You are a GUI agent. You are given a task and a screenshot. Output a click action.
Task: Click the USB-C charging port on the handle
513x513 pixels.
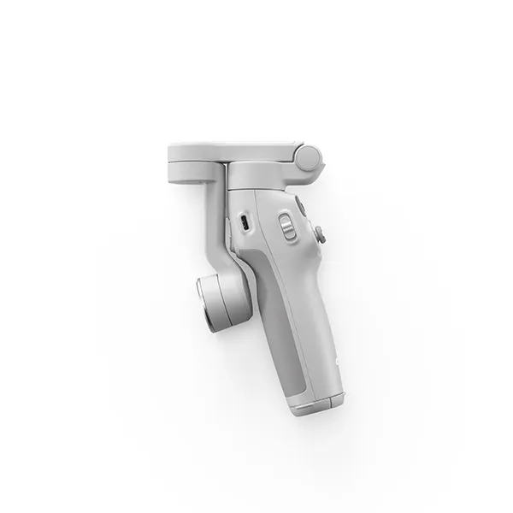click(244, 224)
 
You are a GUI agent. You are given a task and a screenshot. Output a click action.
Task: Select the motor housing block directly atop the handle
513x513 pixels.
click(261, 176)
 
